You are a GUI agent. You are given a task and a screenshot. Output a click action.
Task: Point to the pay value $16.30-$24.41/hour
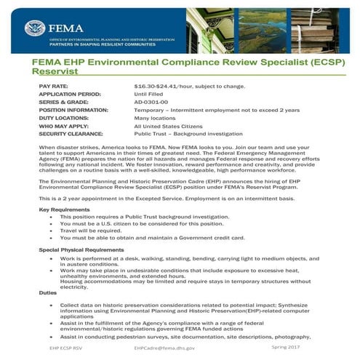click(x=185, y=86)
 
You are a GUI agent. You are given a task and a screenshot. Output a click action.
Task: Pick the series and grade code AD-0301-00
click(x=151, y=102)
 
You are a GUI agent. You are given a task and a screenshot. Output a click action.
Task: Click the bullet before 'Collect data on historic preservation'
click(x=50, y=304)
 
